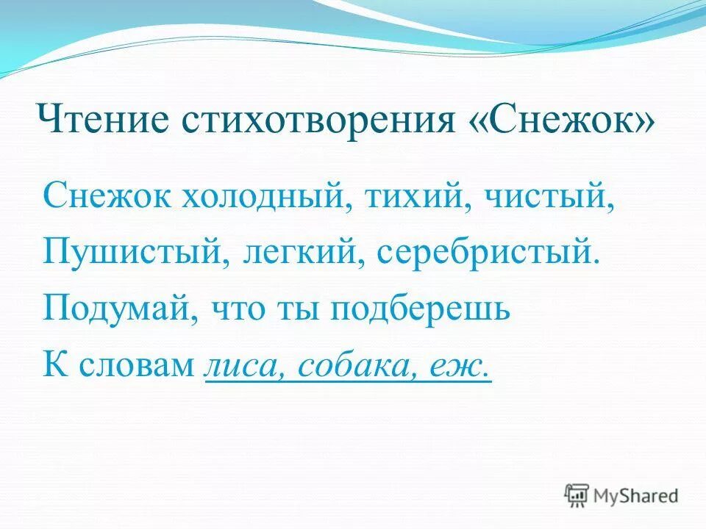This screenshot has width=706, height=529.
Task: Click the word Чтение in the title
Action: click(97, 120)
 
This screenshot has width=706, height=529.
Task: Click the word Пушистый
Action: click(131, 252)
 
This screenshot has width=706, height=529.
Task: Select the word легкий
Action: click(299, 252)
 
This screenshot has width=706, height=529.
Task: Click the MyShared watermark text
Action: click(637, 495)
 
